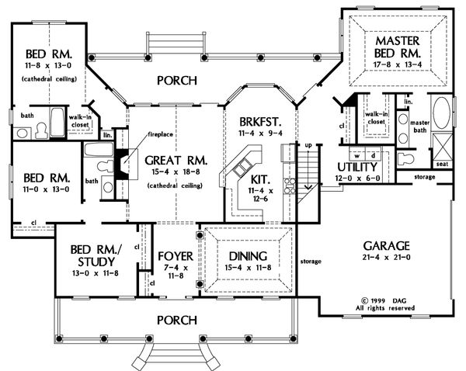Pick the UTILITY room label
click(357, 168)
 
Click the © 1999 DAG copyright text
click(387, 298)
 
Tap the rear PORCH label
click(177, 80)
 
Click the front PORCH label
click(177, 319)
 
